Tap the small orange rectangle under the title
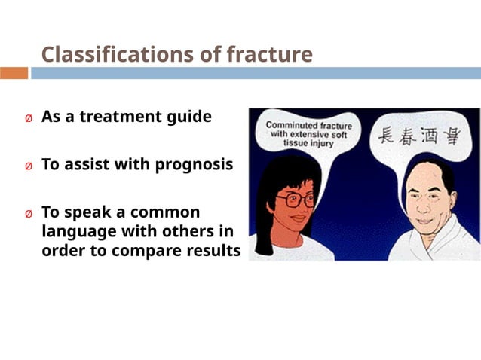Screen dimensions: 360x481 click(x=14, y=73)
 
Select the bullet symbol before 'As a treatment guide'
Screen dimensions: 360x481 click(x=29, y=119)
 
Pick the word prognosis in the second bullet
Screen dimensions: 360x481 click(x=194, y=165)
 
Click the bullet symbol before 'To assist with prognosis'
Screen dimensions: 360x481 click(x=29, y=166)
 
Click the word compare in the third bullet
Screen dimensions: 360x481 click(x=146, y=251)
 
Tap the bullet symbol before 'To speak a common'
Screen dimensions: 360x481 click(x=29, y=213)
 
